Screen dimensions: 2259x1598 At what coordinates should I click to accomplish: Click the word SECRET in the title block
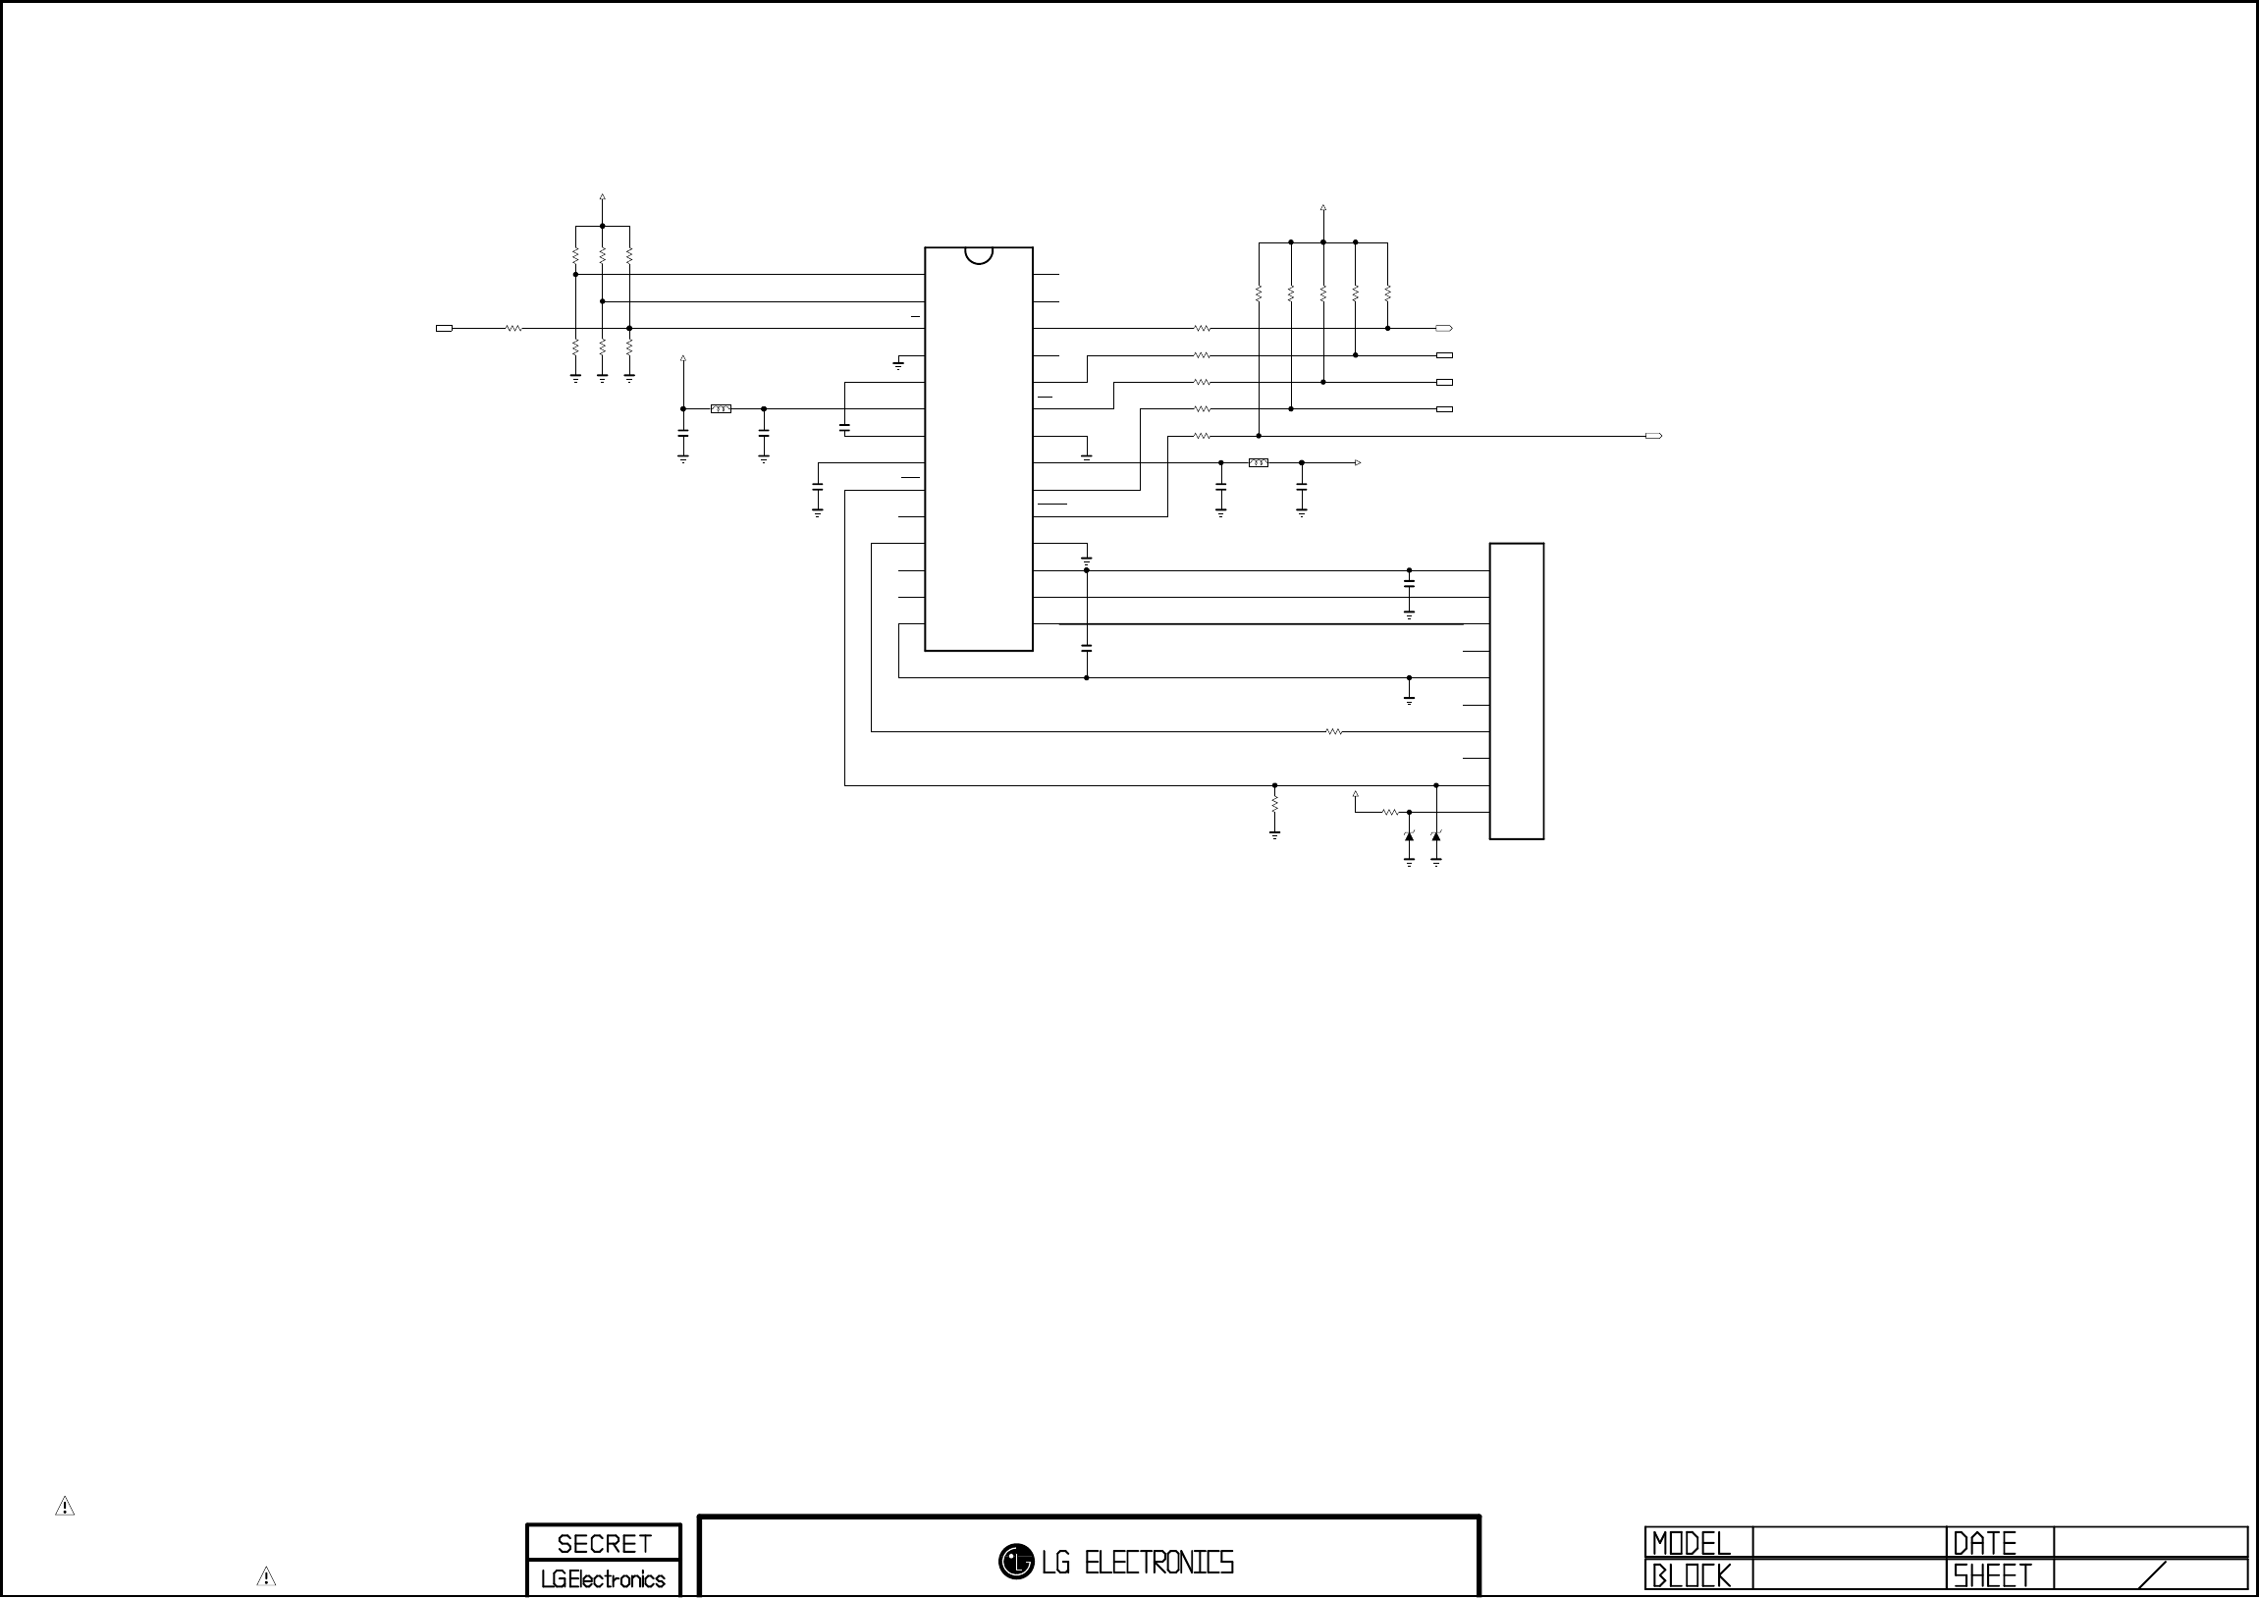(603, 1543)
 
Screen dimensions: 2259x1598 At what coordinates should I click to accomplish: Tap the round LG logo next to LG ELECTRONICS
(1015, 1561)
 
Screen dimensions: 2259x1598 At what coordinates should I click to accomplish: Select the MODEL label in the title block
(1691, 1543)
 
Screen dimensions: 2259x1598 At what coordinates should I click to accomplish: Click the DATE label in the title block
(1984, 1543)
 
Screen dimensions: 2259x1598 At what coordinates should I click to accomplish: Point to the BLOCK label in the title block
(1691, 1575)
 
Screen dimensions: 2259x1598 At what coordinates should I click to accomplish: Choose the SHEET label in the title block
(1991, 1575)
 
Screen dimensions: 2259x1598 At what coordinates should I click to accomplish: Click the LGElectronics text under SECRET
(603, 1578)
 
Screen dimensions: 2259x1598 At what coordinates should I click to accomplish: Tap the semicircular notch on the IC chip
(979, 255)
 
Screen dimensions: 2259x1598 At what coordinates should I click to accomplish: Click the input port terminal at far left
(444, 329)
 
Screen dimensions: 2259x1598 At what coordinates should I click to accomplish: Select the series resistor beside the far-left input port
(512, 329)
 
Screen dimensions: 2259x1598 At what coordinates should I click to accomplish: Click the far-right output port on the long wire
(1654, 436)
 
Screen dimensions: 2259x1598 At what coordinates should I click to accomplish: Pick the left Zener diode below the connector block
(1409, 836)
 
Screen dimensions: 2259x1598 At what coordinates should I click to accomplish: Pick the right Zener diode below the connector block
(1436, 836)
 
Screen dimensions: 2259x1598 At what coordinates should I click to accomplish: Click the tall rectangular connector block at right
(1516, 691)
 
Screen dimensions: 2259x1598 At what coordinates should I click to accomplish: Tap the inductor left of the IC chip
(722, 408)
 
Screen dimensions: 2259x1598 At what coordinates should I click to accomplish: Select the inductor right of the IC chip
(1259, 462)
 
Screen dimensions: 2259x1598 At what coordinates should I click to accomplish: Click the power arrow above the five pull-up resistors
(1323, 210)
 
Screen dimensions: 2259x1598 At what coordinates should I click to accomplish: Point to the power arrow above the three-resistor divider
(602, 197)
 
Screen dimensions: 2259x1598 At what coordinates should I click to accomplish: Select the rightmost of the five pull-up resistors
(1387, 293)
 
